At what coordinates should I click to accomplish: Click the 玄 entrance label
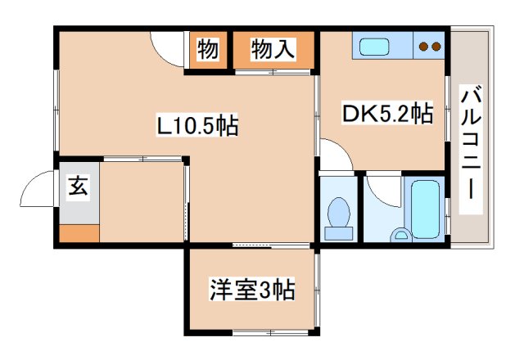pos(76,187)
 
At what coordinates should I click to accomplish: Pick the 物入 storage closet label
pos(273,50)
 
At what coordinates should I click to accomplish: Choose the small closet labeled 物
pos(208,50)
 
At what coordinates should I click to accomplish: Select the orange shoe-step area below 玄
pos(79,232)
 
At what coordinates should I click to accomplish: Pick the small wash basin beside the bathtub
pos(401,236)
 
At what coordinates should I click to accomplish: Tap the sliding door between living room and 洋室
pos(270,245)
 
